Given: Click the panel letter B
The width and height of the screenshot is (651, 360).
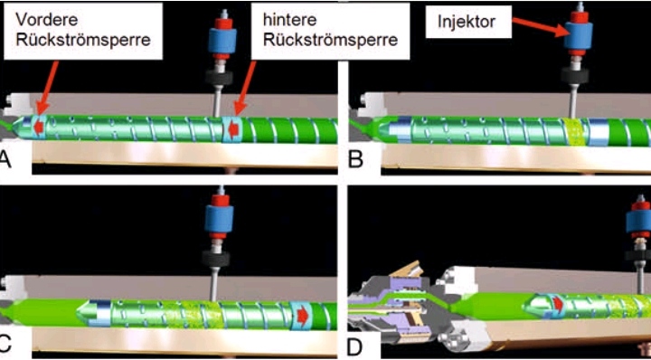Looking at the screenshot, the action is [x=355, y=160].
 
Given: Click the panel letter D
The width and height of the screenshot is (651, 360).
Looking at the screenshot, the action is [x=355, y=347].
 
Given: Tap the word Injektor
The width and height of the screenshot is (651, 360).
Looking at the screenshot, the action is [x=467, y=22].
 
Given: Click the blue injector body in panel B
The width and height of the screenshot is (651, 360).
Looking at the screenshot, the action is [x=578, y=35].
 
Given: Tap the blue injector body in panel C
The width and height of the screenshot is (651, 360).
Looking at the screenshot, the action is [x=220, y=220].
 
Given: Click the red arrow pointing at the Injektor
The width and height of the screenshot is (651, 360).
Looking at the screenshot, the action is [x=537, y=25].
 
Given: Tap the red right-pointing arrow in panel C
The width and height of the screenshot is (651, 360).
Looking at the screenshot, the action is [x=302, y=317].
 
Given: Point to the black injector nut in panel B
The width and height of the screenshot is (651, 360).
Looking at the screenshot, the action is [x=575, y=75].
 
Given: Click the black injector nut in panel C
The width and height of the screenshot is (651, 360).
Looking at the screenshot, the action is [x=216, y=259].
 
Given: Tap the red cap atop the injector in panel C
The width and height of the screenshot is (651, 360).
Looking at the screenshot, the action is [x=220, y=200].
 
